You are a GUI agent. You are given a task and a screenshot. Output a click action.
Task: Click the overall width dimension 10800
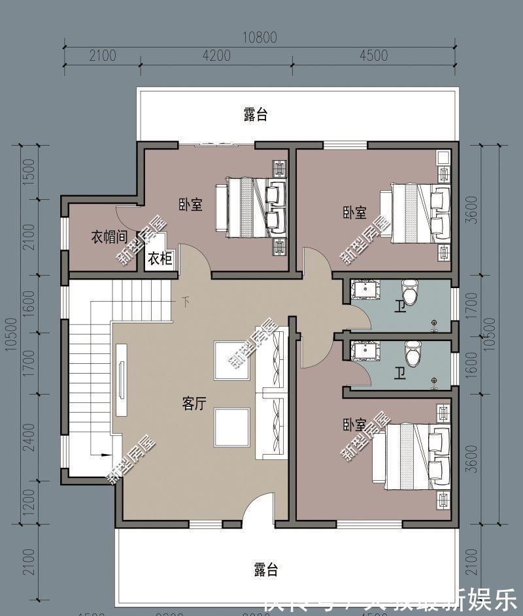click(x=260, y=38)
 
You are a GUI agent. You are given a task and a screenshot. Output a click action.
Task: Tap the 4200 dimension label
click(x=216, y=56)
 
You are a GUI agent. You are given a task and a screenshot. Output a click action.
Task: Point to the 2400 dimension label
click(x=27, y=432)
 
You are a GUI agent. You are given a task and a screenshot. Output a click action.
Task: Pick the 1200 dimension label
click(x=27, y=504)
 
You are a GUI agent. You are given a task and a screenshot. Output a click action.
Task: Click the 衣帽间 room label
click(x=108, y=236)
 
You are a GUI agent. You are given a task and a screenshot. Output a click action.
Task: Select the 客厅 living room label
click(x=194, y=404)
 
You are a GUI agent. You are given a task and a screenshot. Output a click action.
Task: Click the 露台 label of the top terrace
click(x=256, y=115)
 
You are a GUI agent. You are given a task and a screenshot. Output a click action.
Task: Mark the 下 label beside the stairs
click(x=187, y=302)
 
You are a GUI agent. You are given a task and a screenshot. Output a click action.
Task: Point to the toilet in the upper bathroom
click(x=409, y=293)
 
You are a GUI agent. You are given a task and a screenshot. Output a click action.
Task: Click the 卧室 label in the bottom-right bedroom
click(x=354, y=425)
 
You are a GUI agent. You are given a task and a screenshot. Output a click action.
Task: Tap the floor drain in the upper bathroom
click(x=434, y=322)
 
